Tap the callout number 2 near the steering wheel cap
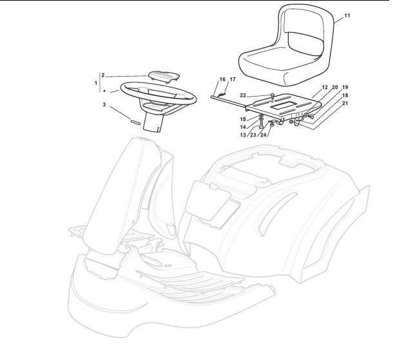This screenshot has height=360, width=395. pyautogui.click(x=103, y=75)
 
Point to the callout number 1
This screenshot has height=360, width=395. pyautogui.click(x=96, y=83)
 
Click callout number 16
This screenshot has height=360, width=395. pyautogui.click(x=222, y=79)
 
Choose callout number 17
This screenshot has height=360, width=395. pyautogui.click(x=233, y=79)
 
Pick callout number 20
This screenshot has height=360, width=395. pyautogui.click(x=335, y=87)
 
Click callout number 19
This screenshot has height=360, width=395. pyautogui.click(x=345, y=87)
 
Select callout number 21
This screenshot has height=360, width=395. pyautogui.click(x=345, y=103)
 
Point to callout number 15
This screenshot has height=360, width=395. pyautogui.click(x=244, y=119)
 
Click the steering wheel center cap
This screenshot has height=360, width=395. pyautogui.click(x=160, y=74)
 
